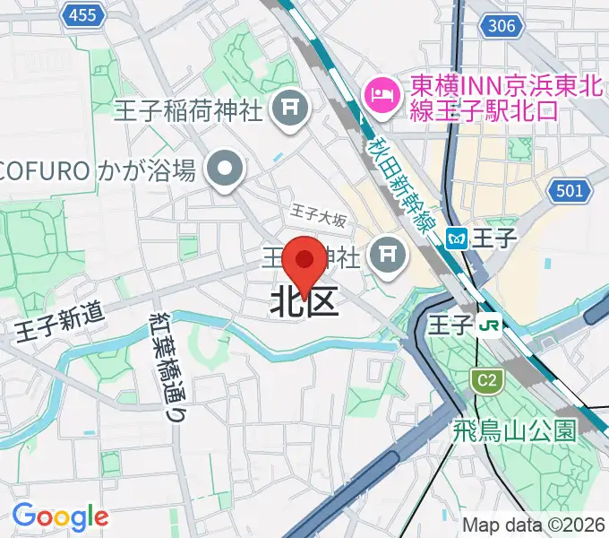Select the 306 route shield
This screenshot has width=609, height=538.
click(x=502, y=26)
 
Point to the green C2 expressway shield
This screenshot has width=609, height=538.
click(x=485, y=381)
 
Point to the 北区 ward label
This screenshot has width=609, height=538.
click(x=304, y=303)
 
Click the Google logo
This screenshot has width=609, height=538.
click(x=60, y=516)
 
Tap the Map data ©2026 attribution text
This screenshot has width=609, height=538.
click(x=533, y=525)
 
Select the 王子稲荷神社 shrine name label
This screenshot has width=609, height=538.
click(x=189, y=110)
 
